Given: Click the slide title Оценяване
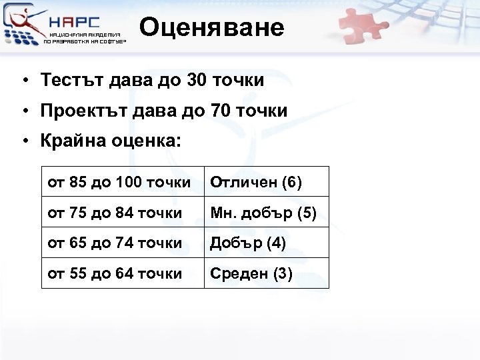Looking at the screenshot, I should pyautogui.click(x=212, y=27).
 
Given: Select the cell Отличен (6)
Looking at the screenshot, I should pyautogui.click(x=256, y=182).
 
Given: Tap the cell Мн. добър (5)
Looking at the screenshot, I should pyautogui.click(x=263, y=213).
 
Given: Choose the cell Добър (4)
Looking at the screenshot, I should pyautogui.click(x=248, y=243).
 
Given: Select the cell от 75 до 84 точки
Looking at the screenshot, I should pyautogui.click(x=115, y=213).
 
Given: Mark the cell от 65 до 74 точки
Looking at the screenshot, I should pyautogui.click(x=115, y=243).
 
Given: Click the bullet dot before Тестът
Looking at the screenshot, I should pyautogui.click(x=23, y=81).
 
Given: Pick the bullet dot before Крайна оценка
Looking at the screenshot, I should pyautogui.click(x=23, y=142).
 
